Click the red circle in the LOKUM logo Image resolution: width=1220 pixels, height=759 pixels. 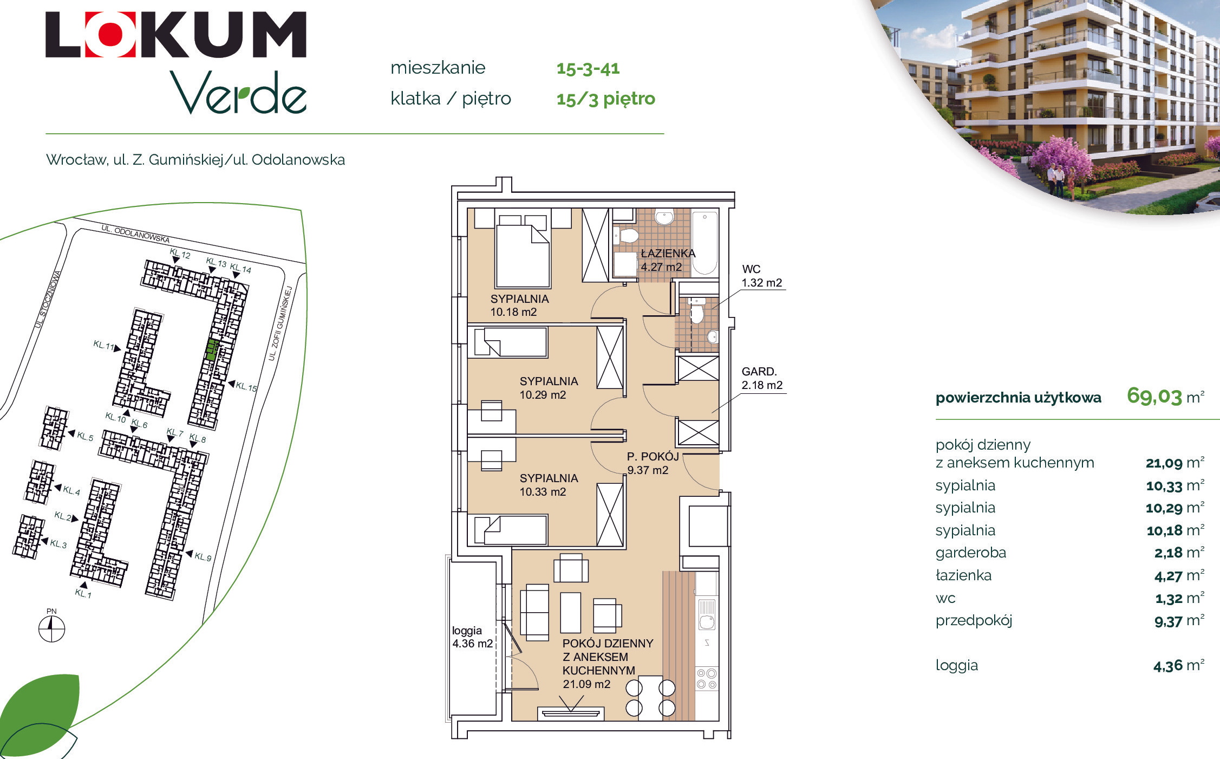(110, 34)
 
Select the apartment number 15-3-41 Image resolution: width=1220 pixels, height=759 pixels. (588, 68)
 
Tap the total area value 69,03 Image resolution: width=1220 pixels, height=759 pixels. (1154, 396)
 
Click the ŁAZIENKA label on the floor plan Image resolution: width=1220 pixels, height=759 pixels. (668, 253)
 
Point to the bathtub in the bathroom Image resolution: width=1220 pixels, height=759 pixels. (705, 243)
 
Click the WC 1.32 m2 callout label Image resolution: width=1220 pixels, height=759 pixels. (762, 276)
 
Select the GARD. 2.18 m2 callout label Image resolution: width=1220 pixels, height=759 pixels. (762, 378)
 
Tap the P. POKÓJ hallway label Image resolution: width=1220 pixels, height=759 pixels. (653, 463)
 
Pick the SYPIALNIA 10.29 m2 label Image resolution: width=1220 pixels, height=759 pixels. (549, 388)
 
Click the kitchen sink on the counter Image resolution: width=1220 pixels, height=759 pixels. (707, 614)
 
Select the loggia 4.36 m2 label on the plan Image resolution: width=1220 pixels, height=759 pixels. (472, 637)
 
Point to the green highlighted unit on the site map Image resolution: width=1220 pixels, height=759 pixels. (212, 350)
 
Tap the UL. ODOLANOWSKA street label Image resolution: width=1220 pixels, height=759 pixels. (135, 234)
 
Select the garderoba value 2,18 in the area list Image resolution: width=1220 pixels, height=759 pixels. (1168, 553)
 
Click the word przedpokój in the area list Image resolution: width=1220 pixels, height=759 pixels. (974, 620)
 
